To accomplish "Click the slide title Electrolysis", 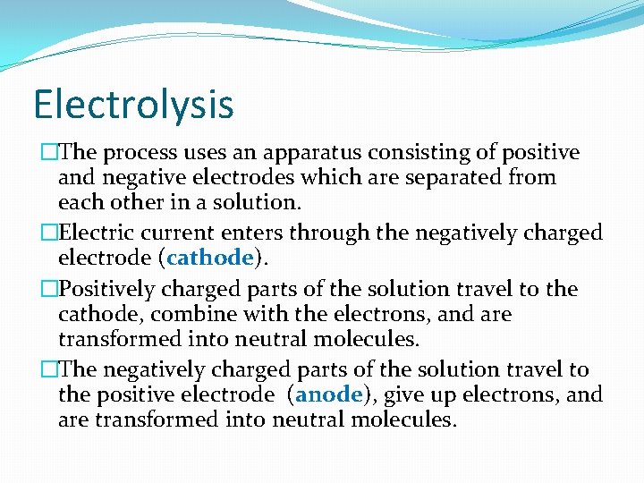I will [x=133, y=104].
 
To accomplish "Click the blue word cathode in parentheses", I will [x=211, y=258].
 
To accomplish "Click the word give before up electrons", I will [x=394, y=394].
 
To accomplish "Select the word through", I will [x=333, y=233].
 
